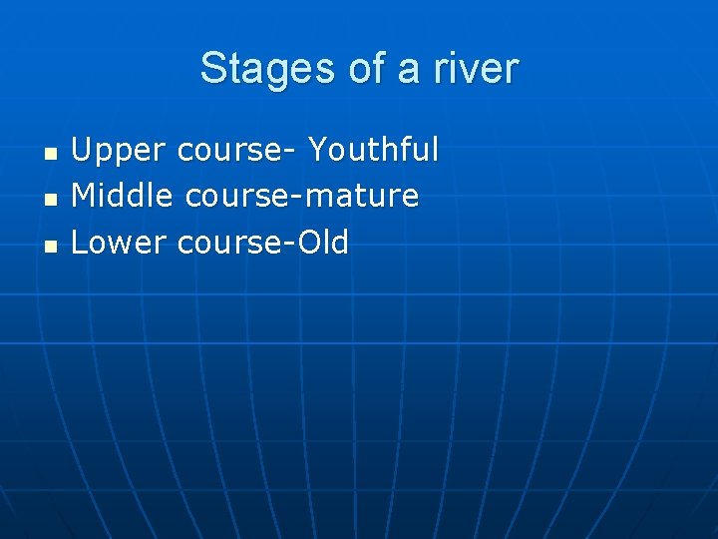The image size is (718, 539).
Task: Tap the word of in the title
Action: click(x=366, y=69)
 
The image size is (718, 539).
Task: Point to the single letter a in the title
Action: click(x=411, y=72)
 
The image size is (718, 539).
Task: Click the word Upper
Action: click(x=119, y=152)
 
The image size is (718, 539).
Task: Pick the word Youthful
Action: click(x=373, y=150)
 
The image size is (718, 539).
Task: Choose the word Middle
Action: click(x=123, y=196)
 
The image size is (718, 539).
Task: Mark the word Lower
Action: click(x=119, y=242)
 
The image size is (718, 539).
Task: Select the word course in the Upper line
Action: click(x=228, y=152)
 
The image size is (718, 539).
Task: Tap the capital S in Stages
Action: click(x=211, y=69)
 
